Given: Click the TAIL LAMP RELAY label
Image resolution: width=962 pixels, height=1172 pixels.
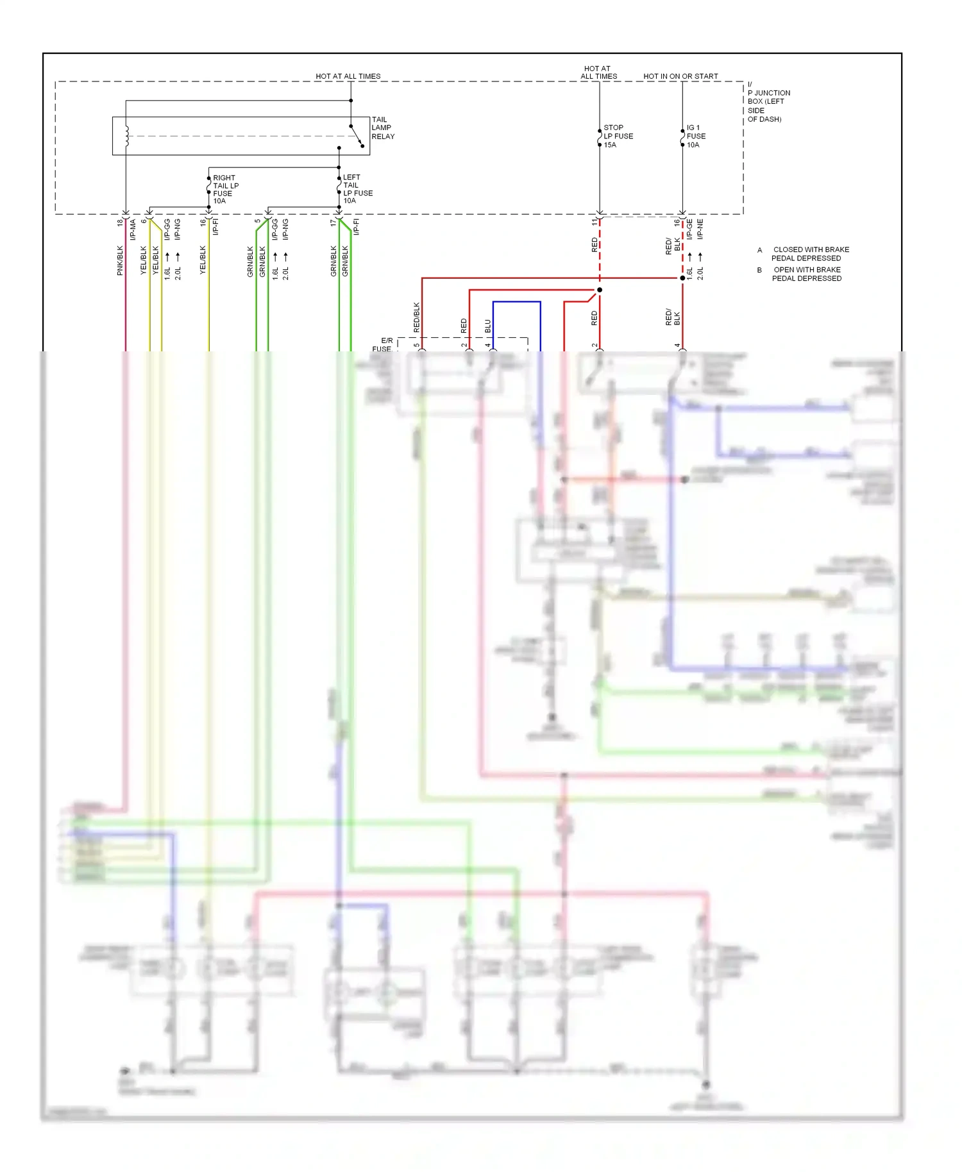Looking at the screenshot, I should coord(383,128).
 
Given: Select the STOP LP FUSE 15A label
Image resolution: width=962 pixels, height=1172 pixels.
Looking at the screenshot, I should coord(618,136).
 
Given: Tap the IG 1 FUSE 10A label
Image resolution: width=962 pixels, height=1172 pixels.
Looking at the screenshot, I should coord(695,136).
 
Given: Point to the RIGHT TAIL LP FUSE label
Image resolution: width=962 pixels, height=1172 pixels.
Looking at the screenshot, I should coord(225,189).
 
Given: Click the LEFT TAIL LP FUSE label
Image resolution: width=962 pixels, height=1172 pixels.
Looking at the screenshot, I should coord(357,188).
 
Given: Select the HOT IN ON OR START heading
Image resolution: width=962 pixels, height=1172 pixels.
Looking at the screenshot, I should coord(680,76).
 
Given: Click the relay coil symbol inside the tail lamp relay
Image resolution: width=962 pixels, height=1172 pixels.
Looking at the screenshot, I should coord(127,136).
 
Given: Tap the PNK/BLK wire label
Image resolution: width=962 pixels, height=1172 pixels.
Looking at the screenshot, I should coord(120,260).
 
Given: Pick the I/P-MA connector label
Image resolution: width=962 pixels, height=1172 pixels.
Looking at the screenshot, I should coord(133,230).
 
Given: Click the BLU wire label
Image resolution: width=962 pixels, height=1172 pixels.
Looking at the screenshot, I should coord(488,326).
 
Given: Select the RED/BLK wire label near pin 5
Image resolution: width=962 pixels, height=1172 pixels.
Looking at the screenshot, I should coord(417,317).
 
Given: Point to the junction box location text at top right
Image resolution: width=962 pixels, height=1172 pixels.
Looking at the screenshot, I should coord(768,102).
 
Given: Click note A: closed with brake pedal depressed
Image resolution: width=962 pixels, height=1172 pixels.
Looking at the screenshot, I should coord(806,254).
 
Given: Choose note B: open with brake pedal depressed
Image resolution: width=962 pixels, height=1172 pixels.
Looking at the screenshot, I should coord(806,274).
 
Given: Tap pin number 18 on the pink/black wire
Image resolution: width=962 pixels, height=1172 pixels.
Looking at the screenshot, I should coord(120,222).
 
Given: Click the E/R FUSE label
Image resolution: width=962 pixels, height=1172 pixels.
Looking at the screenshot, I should coord(384,345).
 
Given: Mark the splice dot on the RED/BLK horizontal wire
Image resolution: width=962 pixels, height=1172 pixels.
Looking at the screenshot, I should coord(682,278).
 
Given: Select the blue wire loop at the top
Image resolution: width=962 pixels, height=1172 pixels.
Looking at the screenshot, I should coord(517,301).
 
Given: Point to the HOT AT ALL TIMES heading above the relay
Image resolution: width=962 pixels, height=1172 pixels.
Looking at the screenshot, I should coord(348,76).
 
